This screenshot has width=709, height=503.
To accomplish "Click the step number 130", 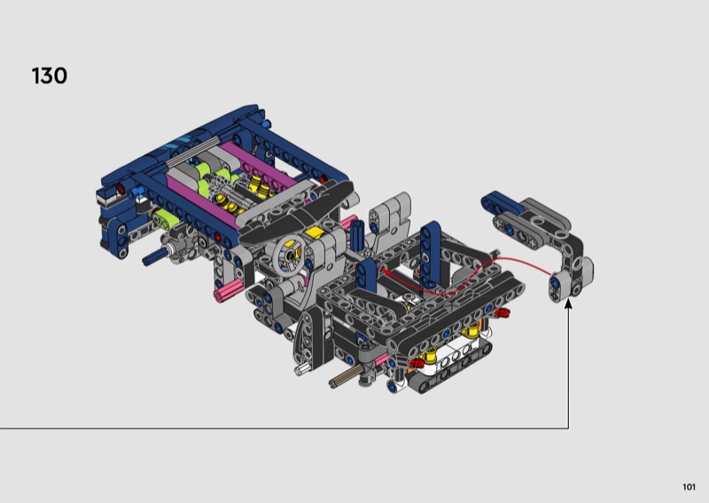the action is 50,75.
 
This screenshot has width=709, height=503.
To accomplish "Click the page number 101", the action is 689,487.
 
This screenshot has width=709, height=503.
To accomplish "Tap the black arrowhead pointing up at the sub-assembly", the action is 568,304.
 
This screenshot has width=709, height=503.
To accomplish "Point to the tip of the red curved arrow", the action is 383,270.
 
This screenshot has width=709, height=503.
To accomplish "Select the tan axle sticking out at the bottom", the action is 347,377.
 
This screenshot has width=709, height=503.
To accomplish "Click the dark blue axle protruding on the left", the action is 154,257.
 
